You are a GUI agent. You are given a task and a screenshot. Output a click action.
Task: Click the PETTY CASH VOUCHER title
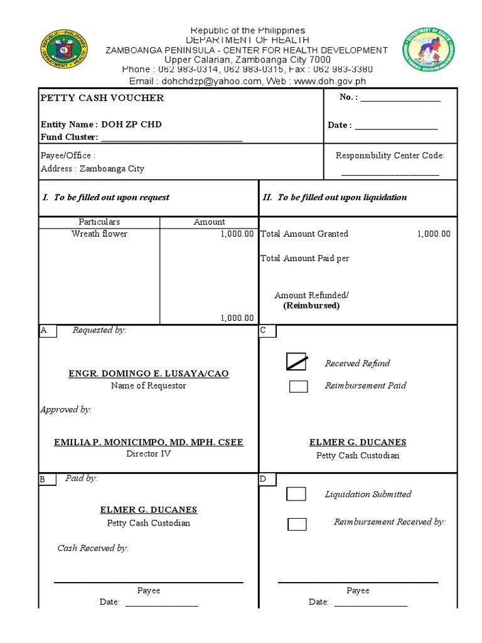[x=102, y=98]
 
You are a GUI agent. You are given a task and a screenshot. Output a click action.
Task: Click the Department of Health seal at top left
[x=63, y=50]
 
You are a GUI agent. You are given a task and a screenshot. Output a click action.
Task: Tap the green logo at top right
[x=429, y=49]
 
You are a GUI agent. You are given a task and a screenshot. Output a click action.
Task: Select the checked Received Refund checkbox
[x=297, y=362]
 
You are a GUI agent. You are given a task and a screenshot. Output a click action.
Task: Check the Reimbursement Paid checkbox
[x=298, y=386]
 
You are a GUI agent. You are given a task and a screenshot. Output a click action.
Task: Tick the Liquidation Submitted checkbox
[x=296, y=494]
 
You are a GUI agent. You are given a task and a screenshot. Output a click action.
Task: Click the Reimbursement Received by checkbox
[x=297, y=524]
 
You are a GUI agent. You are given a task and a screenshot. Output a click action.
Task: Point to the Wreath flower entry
[x=99, y=234]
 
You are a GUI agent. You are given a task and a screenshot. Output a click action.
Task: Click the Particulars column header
[x=99, y=222]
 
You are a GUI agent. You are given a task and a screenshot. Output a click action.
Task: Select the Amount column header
[x=209, y=222]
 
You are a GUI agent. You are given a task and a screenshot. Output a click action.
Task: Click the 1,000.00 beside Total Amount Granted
[x=434, y=234]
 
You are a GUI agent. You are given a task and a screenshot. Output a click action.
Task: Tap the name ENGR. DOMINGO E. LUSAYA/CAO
[x=149, y=374]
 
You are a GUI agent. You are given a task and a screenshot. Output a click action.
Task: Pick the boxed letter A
[x=43, y=331]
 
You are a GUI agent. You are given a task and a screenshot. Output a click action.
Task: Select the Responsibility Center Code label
[x=390, y=156]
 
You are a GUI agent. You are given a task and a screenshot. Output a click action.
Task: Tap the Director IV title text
[x=149, y=453]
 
